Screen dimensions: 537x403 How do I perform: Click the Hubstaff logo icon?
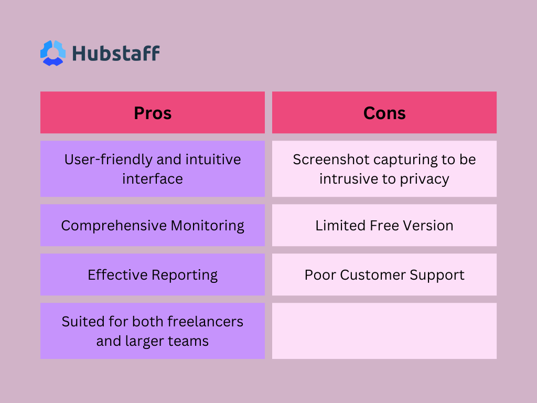pos(53,53)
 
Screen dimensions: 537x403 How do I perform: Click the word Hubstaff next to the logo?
pos(116,54)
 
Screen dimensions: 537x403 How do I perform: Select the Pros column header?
pos(153,112)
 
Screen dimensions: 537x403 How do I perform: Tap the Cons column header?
pos(384,112)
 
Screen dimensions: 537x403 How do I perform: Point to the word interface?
pos(153,179)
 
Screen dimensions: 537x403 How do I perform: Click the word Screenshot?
pos(331,160)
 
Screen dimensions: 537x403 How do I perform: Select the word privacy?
pos(424,179)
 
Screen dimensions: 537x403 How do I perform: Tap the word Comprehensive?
pos(114,226)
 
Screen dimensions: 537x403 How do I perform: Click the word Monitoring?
pos(207,226)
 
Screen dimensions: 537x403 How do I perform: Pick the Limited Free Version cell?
pos(384,225)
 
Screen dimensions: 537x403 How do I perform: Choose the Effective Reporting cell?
pos(153,274)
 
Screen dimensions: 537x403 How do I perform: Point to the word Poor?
pos(320,275)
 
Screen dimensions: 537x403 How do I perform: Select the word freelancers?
pos(205,322)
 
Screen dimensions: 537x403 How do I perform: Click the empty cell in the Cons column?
pos(384,331)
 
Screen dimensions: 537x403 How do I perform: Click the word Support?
pos(437,275)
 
